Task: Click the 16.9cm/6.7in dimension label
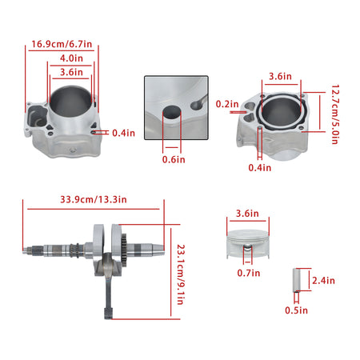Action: click(62, 44)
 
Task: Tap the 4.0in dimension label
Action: click(71, 58)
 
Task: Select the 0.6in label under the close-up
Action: click(174, 159)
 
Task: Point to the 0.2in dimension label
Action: click(227, 104)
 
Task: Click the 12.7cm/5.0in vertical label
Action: click(335, 114)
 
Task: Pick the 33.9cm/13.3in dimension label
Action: click(94, 199)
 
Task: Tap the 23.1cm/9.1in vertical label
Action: click(181, 274)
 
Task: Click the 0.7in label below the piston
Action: click(249, 273)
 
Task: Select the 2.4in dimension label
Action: click(323, 280)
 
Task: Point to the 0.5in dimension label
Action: click(296, 310)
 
